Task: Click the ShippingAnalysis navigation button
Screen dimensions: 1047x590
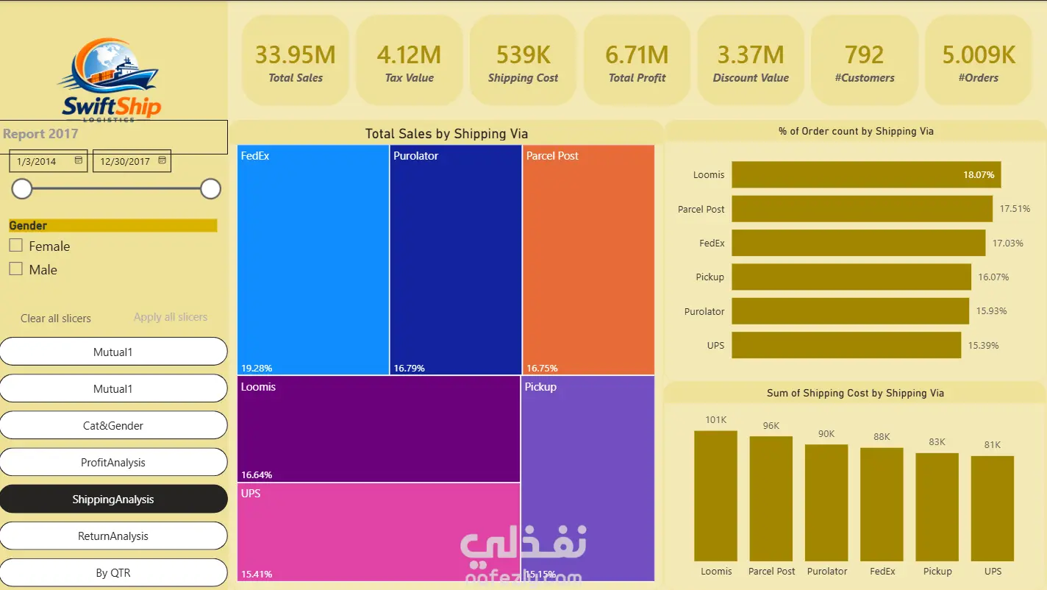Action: (113, 499)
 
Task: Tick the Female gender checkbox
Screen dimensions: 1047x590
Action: (16, 246)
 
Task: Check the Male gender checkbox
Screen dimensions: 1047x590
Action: (16, 269)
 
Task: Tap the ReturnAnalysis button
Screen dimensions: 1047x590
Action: (113, 536)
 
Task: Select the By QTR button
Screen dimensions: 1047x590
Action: (113, 572)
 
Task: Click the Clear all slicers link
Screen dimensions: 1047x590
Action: (56, 319)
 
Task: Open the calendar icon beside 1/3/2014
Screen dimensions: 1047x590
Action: (79, 160)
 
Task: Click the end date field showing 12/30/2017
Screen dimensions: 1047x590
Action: (132, 161)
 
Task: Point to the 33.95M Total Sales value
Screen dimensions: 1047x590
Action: (296, 54)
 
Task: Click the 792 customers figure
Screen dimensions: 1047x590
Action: (864, 54)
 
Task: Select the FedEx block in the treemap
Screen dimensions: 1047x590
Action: (313, 260)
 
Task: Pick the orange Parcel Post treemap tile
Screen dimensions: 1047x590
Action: (588, 260)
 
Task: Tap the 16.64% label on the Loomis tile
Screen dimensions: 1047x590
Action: (257, 475)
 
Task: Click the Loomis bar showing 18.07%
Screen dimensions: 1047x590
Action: (866, 175)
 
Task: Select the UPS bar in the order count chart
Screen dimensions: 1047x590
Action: (846, 346)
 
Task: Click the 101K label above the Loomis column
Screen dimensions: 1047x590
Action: (715, 420)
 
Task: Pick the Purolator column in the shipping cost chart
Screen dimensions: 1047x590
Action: (826, 502)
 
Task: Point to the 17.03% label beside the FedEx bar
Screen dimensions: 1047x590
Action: (1008, 243)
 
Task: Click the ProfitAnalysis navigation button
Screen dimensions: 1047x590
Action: (113, 463)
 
